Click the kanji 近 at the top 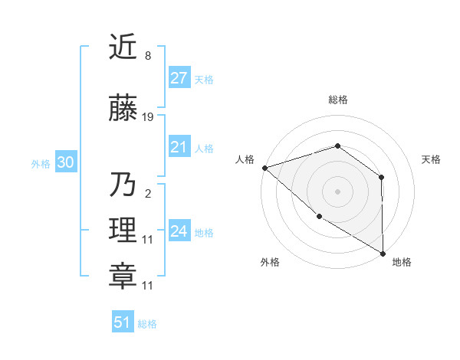coord(123,47)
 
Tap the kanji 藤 coord(123,110)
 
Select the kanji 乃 coord(123,185)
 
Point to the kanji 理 coord(123,231)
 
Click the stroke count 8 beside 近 coord(148,56)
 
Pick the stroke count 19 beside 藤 coord(148,117)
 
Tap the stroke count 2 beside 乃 coord(148,193)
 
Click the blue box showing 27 coord(179,78)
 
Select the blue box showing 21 coord(179,147)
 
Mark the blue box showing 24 coord(179,231)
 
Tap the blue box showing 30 coord(65,162)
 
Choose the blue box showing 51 coord(123,322)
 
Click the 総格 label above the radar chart coord(338,100)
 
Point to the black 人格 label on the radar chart coord(245,159)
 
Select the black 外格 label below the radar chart coord(270,262)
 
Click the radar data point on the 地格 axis coord(383,254)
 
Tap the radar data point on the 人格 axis coord(264,167)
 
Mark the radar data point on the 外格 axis coord(319,217)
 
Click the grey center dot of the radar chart coord(337,191)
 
